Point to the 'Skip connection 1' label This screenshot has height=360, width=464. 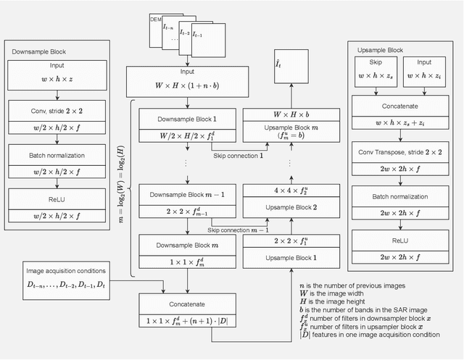[x=237, y=156]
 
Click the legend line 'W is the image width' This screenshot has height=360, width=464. [x=340, y=294]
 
